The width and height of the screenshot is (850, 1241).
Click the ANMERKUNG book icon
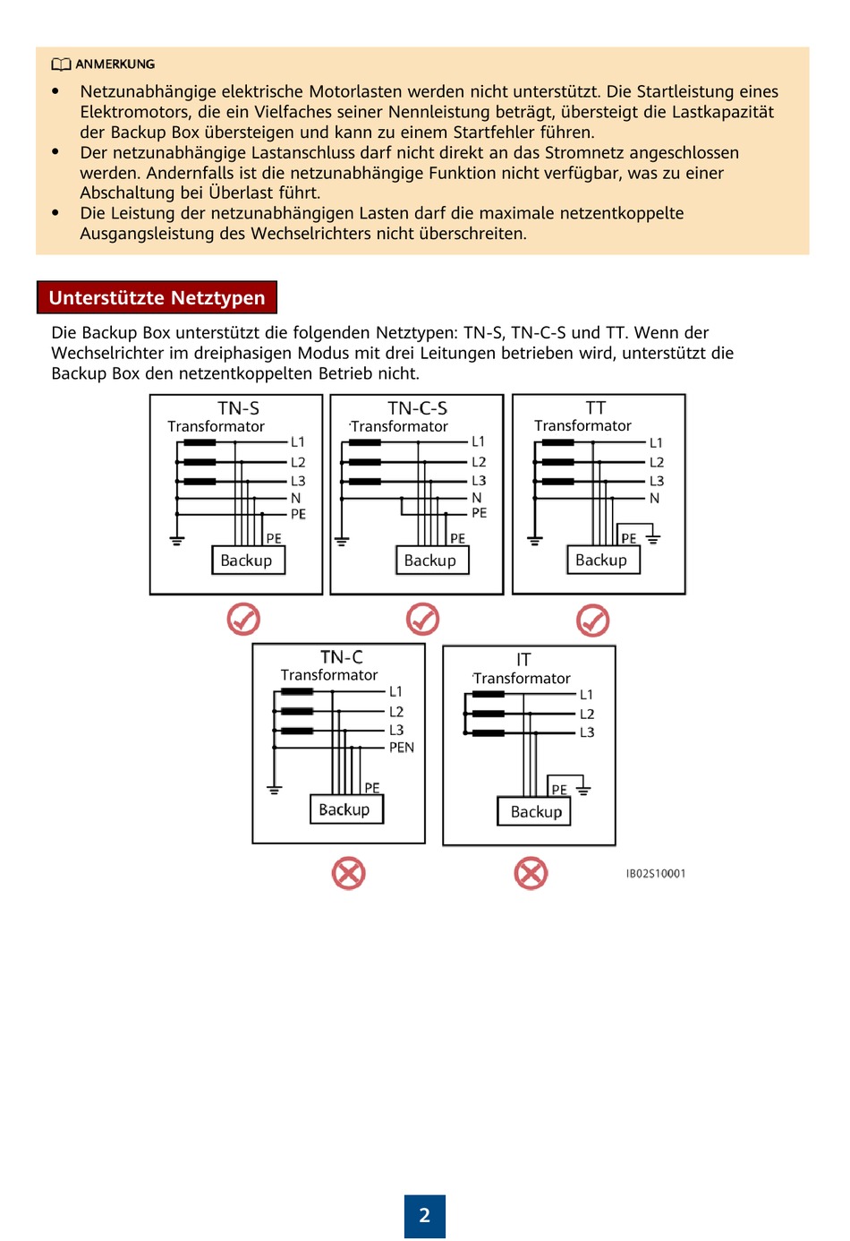point(61,64)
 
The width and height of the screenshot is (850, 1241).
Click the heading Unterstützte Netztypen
point(157,297)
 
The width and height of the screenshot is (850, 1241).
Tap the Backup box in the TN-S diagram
point(247,561)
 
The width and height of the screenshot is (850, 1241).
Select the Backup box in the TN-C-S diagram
point(430,561)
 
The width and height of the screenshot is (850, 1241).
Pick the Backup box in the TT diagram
point(601,560)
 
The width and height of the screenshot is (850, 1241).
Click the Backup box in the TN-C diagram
point(344,809)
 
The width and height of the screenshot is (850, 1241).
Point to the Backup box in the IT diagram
point(536,812)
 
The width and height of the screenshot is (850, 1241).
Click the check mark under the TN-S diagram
point(243,619)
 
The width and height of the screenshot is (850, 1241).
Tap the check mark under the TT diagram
point(592,620)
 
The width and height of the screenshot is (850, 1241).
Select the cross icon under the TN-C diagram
point(349,873)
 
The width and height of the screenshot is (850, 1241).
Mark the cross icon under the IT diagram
point(531,873)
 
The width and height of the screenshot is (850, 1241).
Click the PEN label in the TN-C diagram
point(401,748)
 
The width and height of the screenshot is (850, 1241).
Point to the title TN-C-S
point(417,408)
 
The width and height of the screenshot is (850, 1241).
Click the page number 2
point(425,1215)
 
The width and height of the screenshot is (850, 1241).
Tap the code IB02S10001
point(656,874)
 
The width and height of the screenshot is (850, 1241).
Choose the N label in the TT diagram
point(654,499)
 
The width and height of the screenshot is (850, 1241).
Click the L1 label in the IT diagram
point(586,695)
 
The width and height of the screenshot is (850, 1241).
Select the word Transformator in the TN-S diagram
point(216,426)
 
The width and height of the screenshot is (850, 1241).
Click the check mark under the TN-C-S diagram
point(422,619)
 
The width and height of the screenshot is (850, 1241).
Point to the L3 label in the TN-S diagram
point(298,481)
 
